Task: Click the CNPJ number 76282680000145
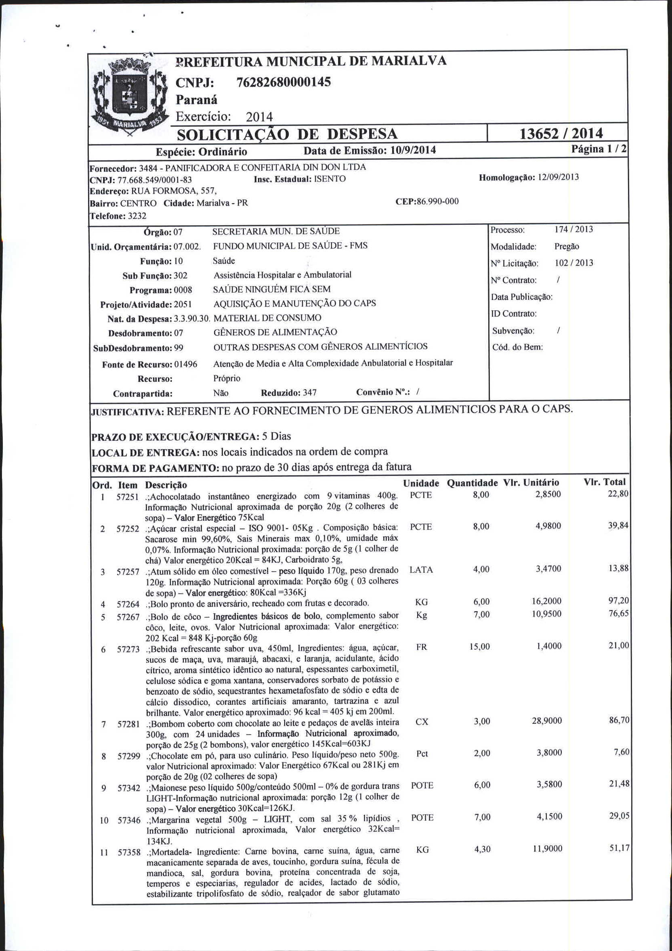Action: click(x=283, y=82)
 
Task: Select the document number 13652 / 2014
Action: click(x=561, y=133)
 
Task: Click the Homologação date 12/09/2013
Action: click(x=558, y=177)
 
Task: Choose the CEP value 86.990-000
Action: click(x=439, y=202)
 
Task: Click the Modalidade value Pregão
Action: click(x=566, y=247)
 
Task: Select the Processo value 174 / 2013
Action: click(x=573, y=229)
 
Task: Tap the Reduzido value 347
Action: click(x=309, y=392)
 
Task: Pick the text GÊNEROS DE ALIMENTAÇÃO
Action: click(x=275, y=332)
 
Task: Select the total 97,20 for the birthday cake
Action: click(x=618, y=601)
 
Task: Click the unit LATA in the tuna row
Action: click(x=421, y=570)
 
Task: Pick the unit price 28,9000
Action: click(x=546, y=721)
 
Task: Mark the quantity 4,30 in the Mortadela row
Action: click(x=482, y=850)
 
